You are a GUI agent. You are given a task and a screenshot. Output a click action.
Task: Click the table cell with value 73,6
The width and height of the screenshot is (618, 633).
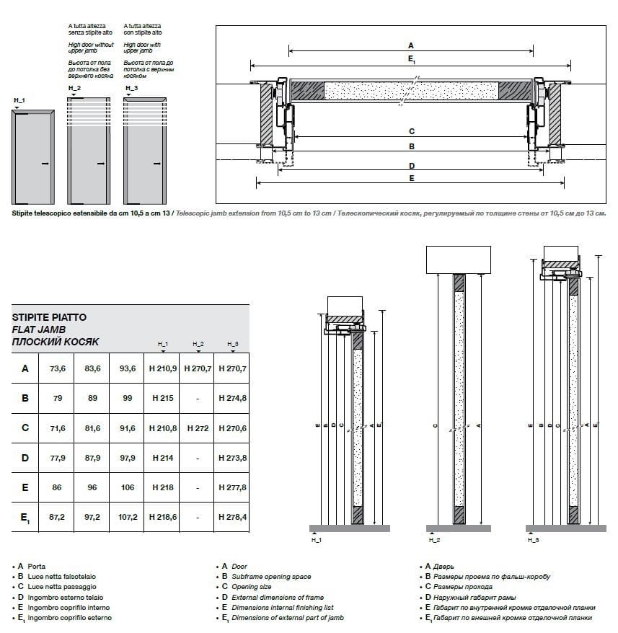pos(58,368)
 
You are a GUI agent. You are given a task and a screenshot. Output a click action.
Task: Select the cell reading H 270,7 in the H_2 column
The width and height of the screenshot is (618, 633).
pos(198,368)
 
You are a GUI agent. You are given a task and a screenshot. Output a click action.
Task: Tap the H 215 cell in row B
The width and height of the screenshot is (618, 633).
pos(162,398)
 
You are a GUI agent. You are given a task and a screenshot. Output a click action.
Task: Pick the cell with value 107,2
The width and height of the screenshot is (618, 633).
pos(128,517)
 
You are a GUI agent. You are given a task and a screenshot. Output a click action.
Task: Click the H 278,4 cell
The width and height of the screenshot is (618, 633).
pos(232,517)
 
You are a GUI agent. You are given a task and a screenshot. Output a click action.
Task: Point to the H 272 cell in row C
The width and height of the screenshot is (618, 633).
pos(198,428)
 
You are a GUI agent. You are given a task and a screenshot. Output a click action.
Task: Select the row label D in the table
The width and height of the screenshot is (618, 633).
pos(25,458)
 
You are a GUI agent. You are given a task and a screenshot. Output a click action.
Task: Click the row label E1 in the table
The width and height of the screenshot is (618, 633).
pos(25,518)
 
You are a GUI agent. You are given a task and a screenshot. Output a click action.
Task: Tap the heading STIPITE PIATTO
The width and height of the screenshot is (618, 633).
pos(49,316)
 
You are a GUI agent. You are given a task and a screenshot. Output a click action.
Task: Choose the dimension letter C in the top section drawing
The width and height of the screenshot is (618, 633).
pos(411,131)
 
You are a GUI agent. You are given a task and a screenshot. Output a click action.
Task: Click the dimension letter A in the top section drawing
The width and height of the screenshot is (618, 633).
pos(411,45)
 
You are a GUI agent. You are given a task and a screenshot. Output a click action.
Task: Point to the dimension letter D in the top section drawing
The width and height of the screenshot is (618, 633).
pos(411,166)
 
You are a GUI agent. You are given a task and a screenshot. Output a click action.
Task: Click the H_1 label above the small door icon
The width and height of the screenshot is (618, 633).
pos(19,99)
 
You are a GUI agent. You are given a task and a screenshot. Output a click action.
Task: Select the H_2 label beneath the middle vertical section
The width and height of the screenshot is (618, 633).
pos(434,539)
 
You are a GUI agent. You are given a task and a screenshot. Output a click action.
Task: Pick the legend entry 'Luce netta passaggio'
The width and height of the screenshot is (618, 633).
pos(62,587)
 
